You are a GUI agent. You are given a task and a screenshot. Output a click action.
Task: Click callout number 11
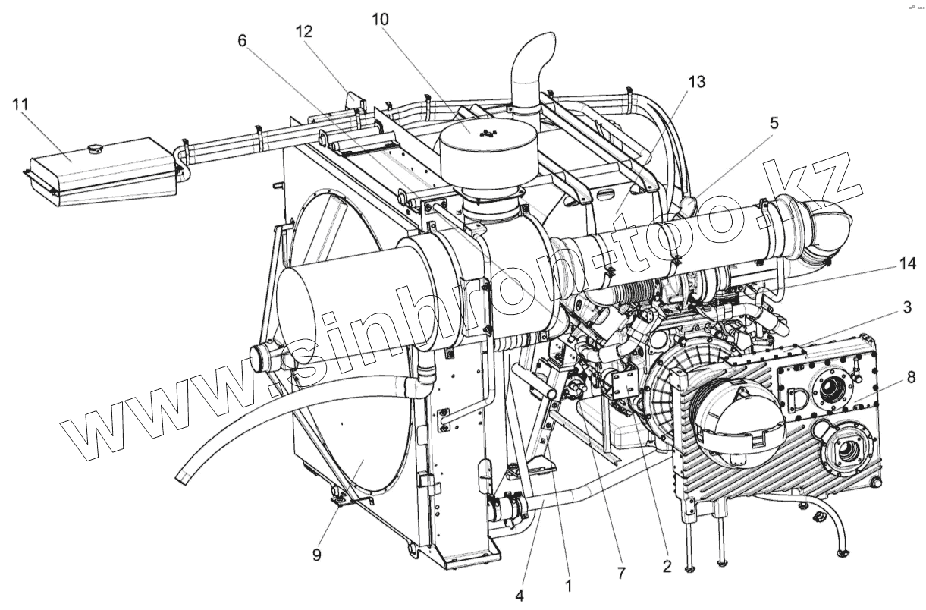20,104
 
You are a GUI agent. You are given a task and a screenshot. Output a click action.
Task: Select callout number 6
242,40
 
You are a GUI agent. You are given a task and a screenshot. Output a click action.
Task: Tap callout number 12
305,32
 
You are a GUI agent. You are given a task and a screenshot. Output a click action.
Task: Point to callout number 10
380,19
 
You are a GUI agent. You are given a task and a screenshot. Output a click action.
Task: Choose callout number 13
697,82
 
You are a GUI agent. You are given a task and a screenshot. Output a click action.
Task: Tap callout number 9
316,555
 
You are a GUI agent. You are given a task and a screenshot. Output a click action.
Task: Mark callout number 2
667,565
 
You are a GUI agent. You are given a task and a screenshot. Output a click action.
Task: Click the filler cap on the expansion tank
95,146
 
